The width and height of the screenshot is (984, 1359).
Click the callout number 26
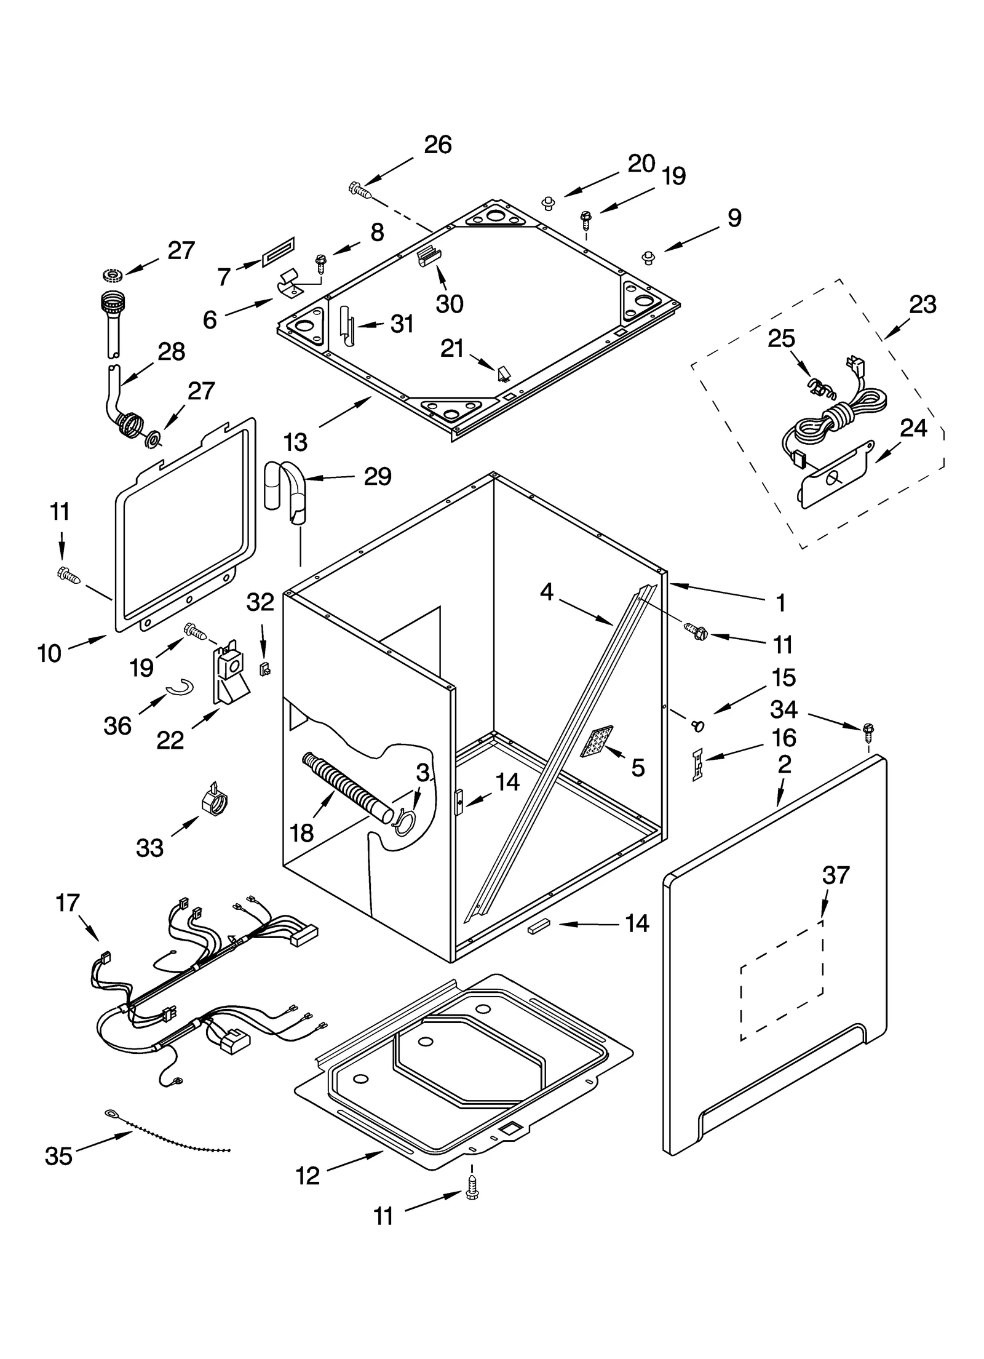[x=437, y=145]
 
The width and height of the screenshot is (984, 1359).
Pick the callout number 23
[x=922, y=304]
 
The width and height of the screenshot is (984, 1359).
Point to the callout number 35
[x=58, y=1156]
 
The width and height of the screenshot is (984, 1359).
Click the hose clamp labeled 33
[x=215, y=800]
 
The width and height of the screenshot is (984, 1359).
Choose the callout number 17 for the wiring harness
[x=68, y=903]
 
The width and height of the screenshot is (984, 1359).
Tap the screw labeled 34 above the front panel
[x=868, y=730]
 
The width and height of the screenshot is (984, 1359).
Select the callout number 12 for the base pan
[x=307, y=1176]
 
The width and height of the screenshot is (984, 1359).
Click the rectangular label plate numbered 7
[x=279, y=252]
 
